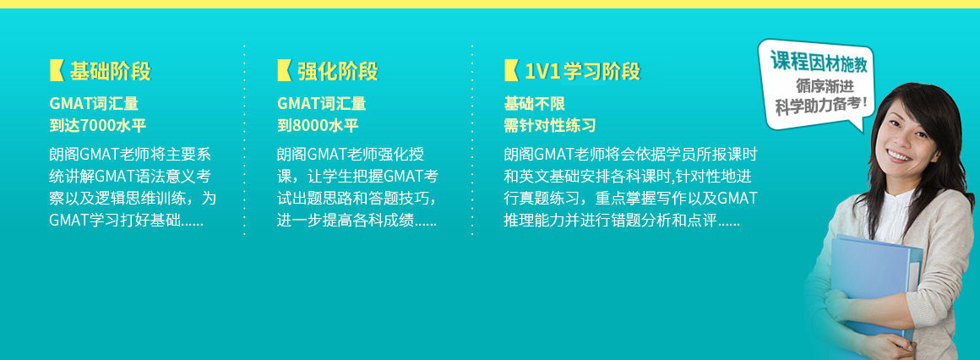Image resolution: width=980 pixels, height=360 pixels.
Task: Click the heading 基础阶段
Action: (x=110, y=71)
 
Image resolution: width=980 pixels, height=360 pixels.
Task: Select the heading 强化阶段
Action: (x=337, y=71)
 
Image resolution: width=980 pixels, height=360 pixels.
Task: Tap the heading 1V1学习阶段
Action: (x=582, y=71)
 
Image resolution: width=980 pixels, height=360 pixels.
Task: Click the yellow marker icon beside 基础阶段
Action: (x=57, y=71)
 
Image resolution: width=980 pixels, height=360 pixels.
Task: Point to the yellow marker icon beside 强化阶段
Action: (x=285, y=71)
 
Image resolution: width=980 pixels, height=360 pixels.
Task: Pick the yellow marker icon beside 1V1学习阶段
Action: (x=511, y=71)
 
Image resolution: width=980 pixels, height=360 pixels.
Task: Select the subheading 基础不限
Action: (x=535, y=104)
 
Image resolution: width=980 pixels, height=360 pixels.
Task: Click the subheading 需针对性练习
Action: (x=550, y=126)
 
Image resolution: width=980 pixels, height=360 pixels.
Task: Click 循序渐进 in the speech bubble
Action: (x=825, y=85)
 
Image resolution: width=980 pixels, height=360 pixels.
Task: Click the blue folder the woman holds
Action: (x=875, y=281)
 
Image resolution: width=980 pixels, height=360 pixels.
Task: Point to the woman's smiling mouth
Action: (x=900, y=155)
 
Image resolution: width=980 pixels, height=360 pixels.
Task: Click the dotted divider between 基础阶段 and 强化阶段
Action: (x=244, y=140)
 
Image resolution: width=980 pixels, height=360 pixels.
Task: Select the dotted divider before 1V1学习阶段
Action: (x=472, y=140)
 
